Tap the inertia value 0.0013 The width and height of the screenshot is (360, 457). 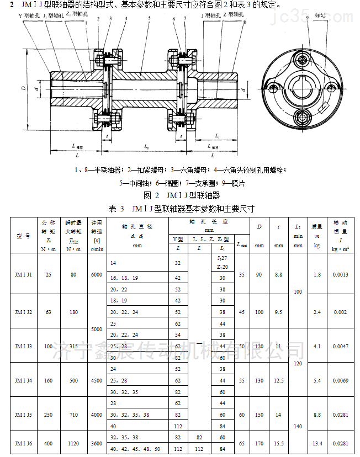click(340, 274)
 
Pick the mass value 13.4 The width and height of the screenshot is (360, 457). click(317, 443)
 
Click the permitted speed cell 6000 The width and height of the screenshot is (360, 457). click(97, 274)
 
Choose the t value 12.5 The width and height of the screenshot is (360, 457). click(279, 380)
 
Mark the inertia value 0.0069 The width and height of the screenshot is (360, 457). click(340, 380)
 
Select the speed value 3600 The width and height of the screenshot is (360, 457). click(97, 443)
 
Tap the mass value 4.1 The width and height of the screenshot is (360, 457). click(317, 346)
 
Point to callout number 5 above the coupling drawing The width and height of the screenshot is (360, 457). click(149, 18)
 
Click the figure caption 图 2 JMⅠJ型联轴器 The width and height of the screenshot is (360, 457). click(181, 195)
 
